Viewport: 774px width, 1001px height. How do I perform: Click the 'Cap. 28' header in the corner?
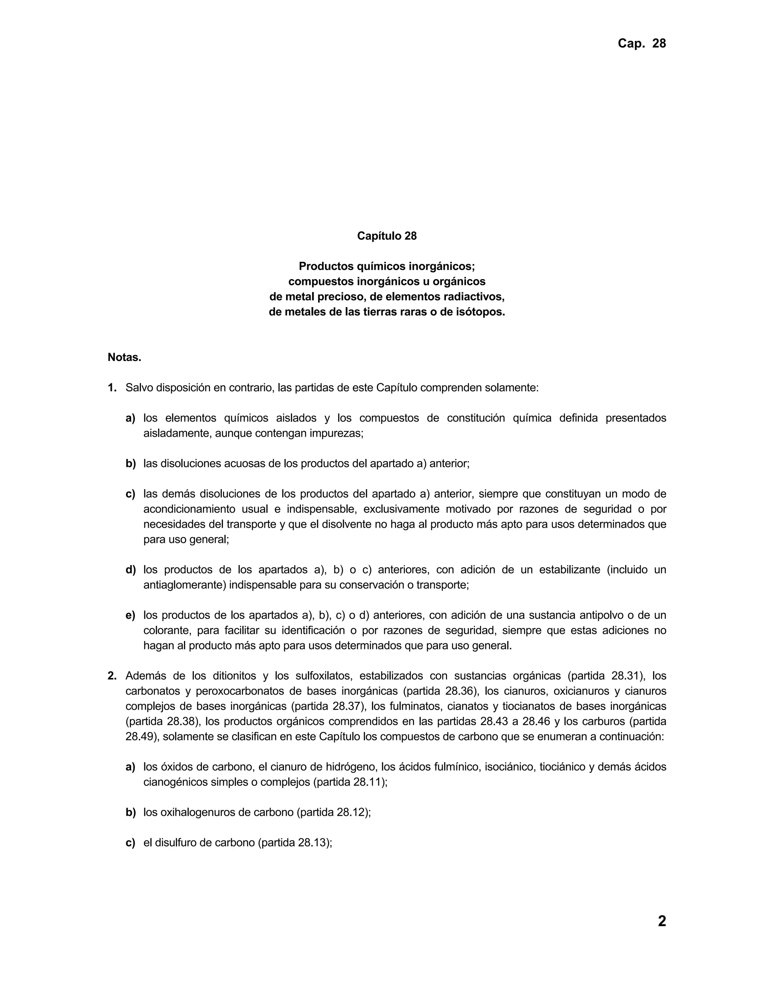click(641, 43)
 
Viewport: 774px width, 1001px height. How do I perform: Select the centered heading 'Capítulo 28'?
click(387, 236)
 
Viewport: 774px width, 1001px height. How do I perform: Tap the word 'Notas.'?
click(124, 357)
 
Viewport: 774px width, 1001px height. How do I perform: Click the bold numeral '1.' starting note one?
click(112, 388)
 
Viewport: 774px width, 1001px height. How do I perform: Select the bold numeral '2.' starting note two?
click(112, 676)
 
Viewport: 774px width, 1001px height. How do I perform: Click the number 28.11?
click(368, 782)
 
